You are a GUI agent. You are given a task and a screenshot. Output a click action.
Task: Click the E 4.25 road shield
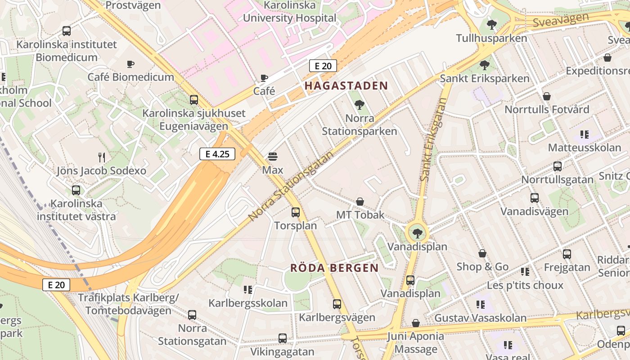point(217,154)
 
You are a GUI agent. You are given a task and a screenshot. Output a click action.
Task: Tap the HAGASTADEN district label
point(346,85)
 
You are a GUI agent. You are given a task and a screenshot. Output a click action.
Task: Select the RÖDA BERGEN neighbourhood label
point(334,268)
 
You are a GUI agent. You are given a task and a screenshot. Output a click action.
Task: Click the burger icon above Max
point(273,157)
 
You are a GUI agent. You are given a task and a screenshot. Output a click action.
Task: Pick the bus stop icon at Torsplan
point(296,212)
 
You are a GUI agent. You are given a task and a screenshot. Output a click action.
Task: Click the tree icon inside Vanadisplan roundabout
point(418,233)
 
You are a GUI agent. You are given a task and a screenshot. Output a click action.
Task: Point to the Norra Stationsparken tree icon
point(359,105)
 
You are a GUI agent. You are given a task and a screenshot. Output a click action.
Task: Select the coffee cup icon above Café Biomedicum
point(130,64)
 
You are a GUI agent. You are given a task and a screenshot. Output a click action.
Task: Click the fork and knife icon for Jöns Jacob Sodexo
point(102,157)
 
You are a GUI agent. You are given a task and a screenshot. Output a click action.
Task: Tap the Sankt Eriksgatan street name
point(432,140)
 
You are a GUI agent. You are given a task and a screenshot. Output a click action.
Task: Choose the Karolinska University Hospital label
point(289,12)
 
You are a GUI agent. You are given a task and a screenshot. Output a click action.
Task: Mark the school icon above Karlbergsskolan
point(247,289)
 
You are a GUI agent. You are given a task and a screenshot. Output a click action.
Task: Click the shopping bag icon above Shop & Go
point(482,253)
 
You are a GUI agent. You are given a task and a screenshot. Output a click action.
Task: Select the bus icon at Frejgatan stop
point(567,254)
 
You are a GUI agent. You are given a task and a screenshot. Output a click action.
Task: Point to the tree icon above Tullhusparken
point(492,25)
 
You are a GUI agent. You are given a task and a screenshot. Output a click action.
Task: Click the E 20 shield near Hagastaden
point(323,66)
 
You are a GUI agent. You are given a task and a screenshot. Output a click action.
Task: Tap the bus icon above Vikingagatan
point(283,338)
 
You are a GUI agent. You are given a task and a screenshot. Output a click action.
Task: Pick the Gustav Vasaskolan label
point(480,318)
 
